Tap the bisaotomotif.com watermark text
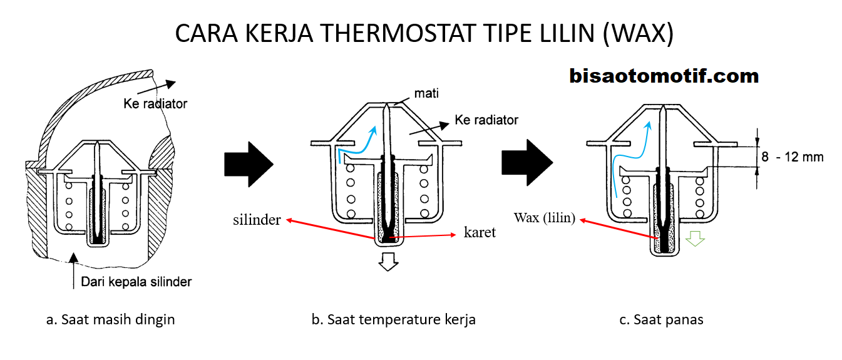click(664, 76)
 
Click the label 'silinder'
click(257, 220)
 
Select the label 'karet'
click(480, 233)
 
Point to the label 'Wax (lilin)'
click(545, 218)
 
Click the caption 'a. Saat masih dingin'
click(110, 319)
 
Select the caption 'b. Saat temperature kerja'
click(393, 319)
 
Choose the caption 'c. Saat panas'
click(661, 319)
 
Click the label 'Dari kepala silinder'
click(136, 282)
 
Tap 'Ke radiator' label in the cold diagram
click(155, 103)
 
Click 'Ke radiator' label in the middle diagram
click(486, 119)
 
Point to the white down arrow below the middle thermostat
click(389, 261)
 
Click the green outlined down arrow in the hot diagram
click(695, 239)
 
